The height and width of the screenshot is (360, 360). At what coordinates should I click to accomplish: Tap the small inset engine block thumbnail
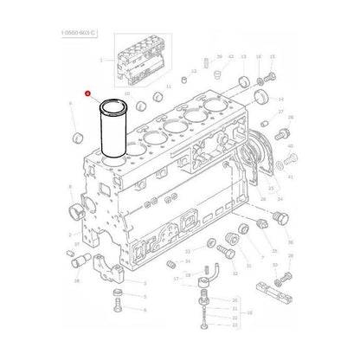[139, 61]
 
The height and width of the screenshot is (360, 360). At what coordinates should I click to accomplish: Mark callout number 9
[70, 103]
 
